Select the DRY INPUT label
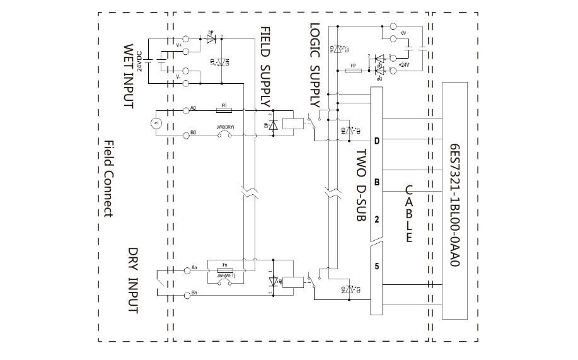tap(133, 279)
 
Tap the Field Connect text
tap(108, 178)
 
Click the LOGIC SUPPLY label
tap(316, 66)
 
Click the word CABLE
tap(408, 214)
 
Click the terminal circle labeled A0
tap(186, 110)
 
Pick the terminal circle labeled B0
tap(186, 134)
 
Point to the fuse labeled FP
tap(354, 71)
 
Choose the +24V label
tap(404, 64)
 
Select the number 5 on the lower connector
tap(377, 265)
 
